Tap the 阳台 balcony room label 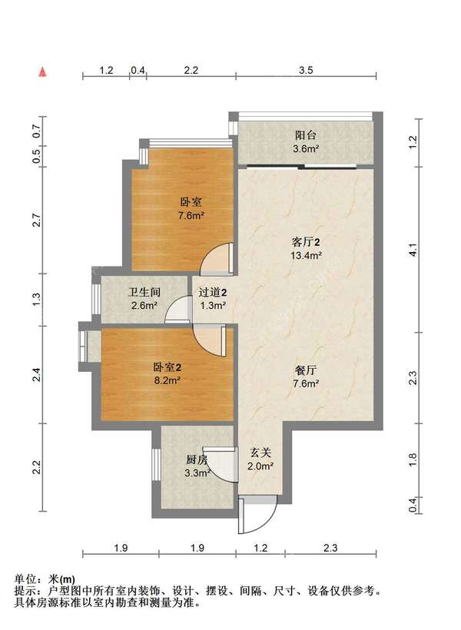tap(306, 135)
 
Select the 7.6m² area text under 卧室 tap(191, 216)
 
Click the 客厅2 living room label tap(306, 242)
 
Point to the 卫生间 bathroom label tap(144, 292)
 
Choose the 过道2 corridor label tap(213, 292)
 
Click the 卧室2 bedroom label tap(167, 366)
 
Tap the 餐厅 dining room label tap(306, 370)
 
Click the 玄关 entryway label tap(260, 453)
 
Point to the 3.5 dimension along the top tap(306, 71)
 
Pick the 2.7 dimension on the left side tap(37, 220)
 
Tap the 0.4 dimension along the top tap(138, 71)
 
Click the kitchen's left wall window tap(155, 465)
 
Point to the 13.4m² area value tap(306, 255)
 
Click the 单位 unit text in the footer tap(25, 579)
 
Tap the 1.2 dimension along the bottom tap(260, 548)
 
